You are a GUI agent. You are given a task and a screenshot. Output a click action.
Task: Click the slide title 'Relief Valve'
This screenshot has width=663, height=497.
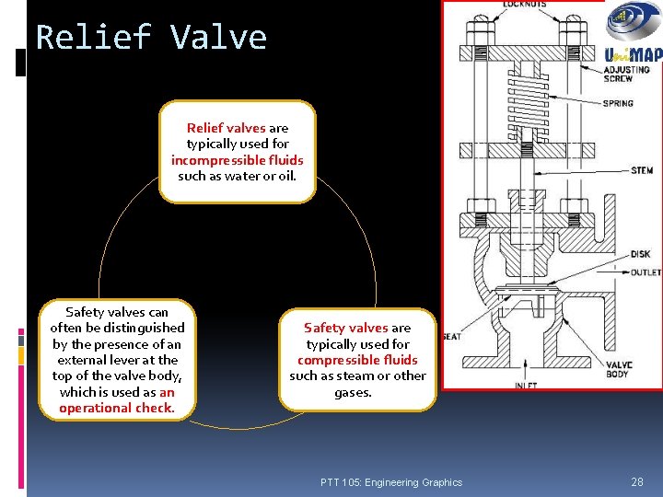pos(151,38)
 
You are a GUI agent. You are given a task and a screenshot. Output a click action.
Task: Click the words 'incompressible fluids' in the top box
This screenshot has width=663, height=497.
pos(237,160)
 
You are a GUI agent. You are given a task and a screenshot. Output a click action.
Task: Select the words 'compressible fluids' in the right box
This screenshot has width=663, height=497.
pos(357,360)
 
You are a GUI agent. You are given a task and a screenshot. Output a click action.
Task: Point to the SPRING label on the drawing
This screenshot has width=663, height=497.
pos(617,103)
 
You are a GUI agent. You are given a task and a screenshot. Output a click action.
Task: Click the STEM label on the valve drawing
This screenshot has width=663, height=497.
pos(641,170)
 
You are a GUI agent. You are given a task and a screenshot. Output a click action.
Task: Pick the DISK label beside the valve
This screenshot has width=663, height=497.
pos(639,254)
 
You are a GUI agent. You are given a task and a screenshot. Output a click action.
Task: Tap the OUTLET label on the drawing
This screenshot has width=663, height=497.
pos(644,273)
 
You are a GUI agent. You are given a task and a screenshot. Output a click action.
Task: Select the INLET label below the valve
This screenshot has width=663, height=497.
pos(526,386)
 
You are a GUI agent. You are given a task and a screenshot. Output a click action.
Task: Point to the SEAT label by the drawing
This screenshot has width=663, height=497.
pos(451,336)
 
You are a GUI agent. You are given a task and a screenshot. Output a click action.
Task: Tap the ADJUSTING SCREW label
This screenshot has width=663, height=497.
pos(625,75)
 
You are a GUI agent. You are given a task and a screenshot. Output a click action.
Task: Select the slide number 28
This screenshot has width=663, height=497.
pos(636,482)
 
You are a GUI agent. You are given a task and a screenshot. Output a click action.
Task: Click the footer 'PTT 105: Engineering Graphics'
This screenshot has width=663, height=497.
pos(391,482)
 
